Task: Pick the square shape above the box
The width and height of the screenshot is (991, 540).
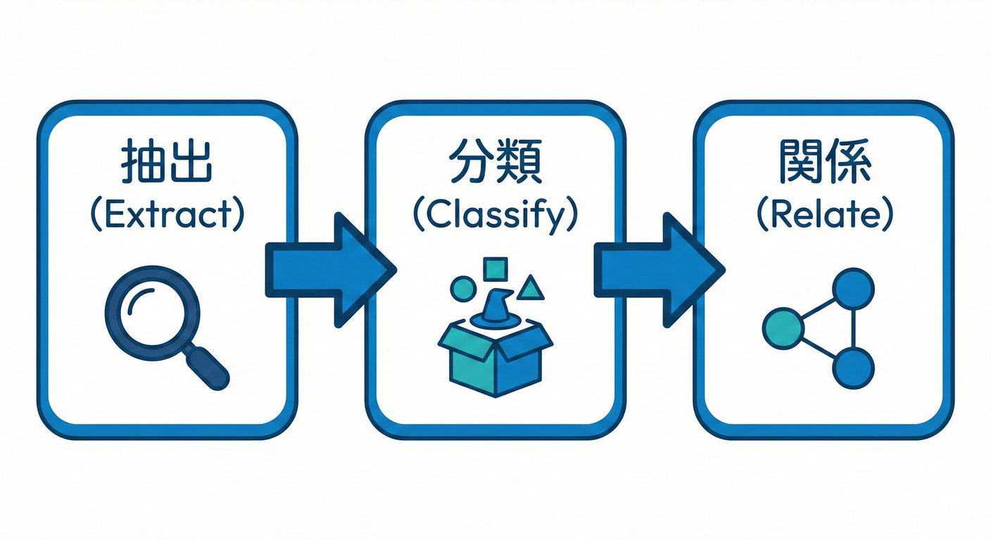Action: click(x=495, y=269)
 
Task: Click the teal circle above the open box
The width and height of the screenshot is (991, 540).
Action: click(x=463, y=289)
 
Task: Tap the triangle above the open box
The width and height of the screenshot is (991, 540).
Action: click(x=532, y=288)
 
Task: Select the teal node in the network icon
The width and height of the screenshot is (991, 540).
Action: click(x=783, y=328)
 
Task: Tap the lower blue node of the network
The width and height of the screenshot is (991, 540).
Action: click(x=853, y=368)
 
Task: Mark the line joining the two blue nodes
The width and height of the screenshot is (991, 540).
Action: click(x=853, y=328)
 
